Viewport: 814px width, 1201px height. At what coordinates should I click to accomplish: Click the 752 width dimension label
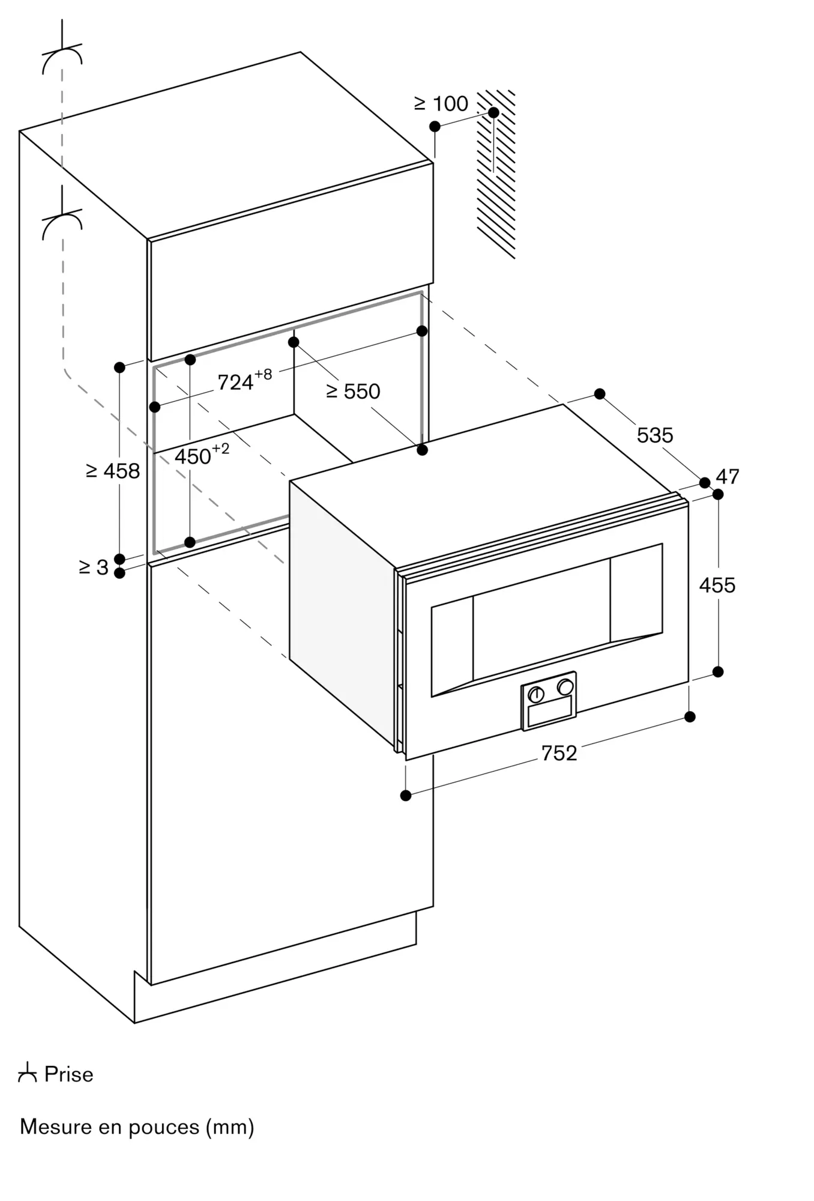[559, 753]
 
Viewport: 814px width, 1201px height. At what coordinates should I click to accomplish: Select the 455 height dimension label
[717, 585]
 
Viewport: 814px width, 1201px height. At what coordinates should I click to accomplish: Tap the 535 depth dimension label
[655, 435]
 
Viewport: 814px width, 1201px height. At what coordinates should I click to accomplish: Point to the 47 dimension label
[728, 476]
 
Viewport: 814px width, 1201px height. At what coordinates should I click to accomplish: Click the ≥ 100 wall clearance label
[441, 104]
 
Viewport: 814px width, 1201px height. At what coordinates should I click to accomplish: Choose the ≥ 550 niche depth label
[353, 392]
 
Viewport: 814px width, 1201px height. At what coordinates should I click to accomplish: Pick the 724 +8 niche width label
[244, 380]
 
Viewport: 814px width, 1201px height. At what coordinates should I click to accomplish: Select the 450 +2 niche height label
[202, 455]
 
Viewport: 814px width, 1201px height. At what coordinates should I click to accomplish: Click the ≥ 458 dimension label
[113, 471]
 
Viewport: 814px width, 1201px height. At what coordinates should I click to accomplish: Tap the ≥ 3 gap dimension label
[94, 567]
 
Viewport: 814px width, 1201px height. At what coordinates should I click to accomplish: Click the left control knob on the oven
[535, 694]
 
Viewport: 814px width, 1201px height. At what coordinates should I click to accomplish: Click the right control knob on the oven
[565, 686]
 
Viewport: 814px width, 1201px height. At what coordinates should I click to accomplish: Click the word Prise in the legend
[69, 1074]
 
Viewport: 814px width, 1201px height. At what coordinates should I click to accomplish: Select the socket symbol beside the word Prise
[28, 1072]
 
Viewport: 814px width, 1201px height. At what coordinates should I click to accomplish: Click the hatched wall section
[496, 174]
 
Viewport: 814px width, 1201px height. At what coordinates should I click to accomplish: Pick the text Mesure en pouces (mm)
[137, 1127]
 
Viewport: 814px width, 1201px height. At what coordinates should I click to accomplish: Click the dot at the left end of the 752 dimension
[406, 796]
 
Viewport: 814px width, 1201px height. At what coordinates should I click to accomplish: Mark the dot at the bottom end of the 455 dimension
[718, 671]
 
